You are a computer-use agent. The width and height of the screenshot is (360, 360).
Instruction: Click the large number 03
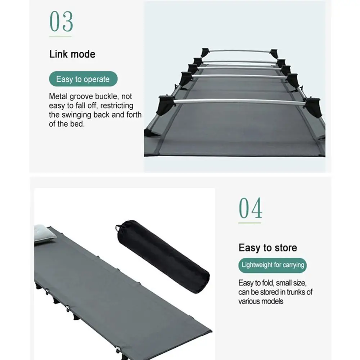61,21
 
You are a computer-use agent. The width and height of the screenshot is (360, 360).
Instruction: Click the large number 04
250,208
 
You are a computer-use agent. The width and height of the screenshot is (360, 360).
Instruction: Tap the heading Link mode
72,54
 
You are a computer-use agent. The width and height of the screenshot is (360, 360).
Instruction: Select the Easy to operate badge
83,79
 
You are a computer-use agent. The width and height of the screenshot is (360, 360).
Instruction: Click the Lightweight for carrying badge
273,265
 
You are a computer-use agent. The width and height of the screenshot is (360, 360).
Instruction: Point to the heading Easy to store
268,248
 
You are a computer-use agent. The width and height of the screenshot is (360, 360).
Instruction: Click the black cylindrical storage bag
163,256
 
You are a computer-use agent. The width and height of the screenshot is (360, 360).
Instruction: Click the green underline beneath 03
60,36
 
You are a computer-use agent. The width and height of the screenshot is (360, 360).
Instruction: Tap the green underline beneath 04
249,223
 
